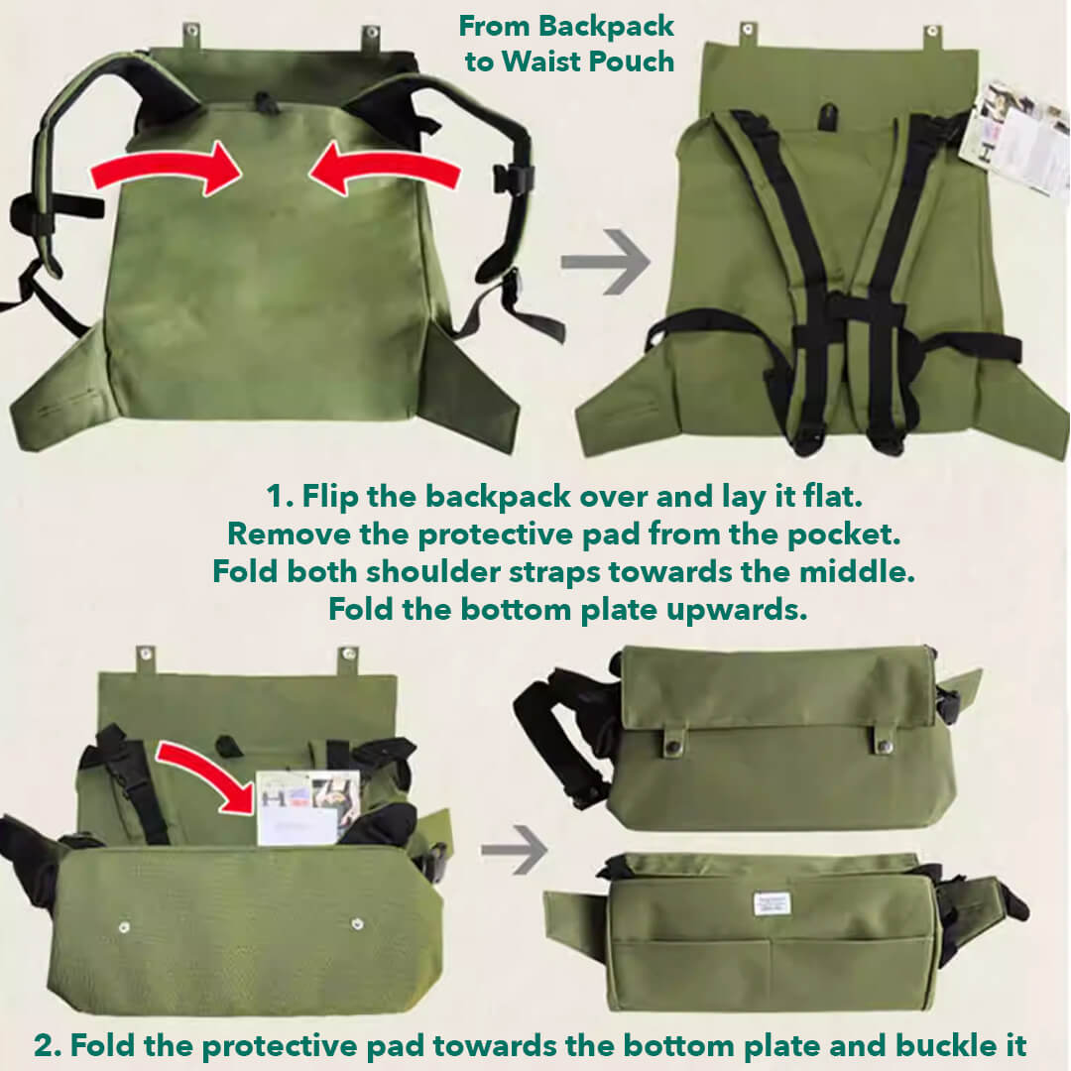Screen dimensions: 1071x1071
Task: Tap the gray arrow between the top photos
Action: tap(605, 263)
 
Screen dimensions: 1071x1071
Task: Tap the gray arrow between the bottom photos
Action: tap(515, 851)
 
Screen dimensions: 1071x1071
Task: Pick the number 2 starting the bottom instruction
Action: tap(44, 1045)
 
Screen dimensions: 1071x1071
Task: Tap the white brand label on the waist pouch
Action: tap(771, 903)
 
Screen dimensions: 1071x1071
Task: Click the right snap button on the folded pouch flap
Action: tap(883, 739)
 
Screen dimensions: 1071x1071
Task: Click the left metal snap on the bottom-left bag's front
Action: tap(124, 927)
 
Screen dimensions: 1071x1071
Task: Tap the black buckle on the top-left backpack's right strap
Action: tap(514, 178)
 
